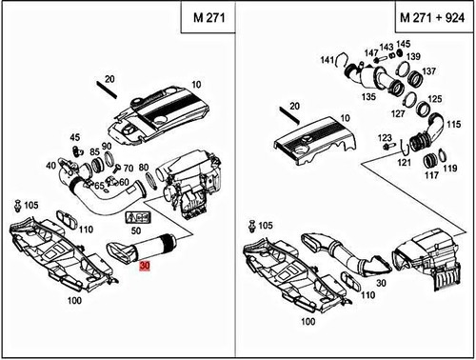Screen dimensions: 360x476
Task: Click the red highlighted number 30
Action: (144, 266)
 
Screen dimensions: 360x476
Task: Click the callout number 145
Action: (405, 44)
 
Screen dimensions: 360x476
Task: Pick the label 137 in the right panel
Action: (428, 71)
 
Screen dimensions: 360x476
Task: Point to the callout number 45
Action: (75, 137)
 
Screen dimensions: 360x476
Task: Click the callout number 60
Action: (124, 182)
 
